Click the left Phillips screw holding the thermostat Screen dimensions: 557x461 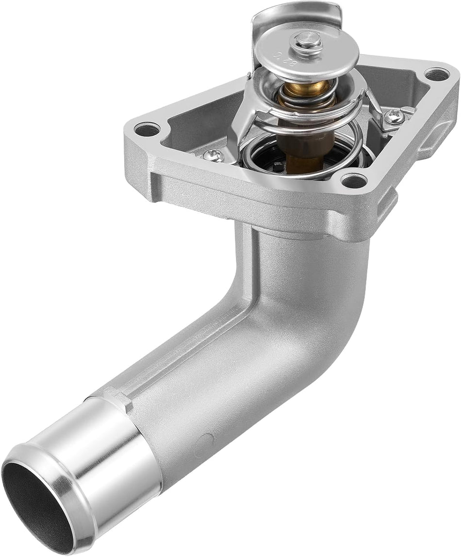coord(214,155)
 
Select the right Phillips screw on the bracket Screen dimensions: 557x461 coord(394,116)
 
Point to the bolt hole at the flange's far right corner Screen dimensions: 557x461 coord(436,74)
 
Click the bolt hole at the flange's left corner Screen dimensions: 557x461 coord(147,129)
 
